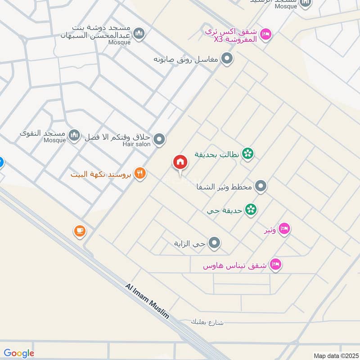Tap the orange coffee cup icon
tap(80, 231)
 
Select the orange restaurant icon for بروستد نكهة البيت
tap(140, 173)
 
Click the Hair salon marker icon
tap(159, 140)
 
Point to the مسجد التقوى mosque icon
tap(74, 134)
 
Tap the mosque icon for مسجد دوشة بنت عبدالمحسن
tap(139, 33)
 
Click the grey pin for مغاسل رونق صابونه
tap(228, 58)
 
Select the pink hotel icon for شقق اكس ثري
tap(266, 34)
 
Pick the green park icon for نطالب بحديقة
tap(247, 154)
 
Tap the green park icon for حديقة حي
tap(251, 209)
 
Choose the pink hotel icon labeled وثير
tap(284, 229)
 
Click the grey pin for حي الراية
tap(215, 243)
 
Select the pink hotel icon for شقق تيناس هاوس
tap(275, 265)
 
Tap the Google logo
tap(19, 353)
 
